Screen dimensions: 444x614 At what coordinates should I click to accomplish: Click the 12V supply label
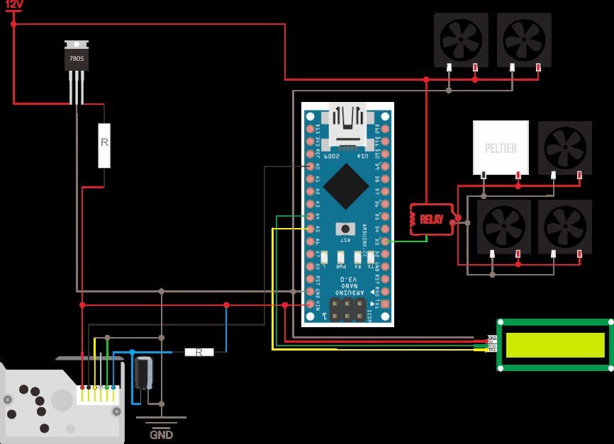[14, 5]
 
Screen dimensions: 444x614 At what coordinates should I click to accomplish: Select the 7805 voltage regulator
[77, 57]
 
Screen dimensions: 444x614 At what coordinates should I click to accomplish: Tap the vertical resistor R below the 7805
[104, 144]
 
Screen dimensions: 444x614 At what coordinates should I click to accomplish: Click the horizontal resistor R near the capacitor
[199, 352]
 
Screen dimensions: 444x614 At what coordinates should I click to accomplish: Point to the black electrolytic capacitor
[143, 373]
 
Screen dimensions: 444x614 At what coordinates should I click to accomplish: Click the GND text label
[161, 435]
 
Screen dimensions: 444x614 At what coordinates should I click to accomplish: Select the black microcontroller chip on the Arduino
[346, 186]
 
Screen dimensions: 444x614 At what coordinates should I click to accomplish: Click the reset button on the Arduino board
[346, 228]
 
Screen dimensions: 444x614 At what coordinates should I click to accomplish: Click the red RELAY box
[431, 220]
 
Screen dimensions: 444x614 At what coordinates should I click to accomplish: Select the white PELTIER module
[501, 147]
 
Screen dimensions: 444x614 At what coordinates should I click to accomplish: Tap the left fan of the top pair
[461, 39]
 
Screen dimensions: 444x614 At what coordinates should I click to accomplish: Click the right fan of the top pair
[524, 39]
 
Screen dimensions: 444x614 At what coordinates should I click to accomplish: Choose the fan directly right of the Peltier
[564, 147]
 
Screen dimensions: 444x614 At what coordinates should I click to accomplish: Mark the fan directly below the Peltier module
[503, 227]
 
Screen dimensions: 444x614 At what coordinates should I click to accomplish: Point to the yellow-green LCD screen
[554, 345]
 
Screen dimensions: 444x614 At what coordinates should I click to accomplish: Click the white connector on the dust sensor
[98, 394]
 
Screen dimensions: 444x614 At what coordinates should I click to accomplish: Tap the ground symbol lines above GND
[161, 421]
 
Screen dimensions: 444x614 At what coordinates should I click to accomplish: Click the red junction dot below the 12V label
[13, 24]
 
